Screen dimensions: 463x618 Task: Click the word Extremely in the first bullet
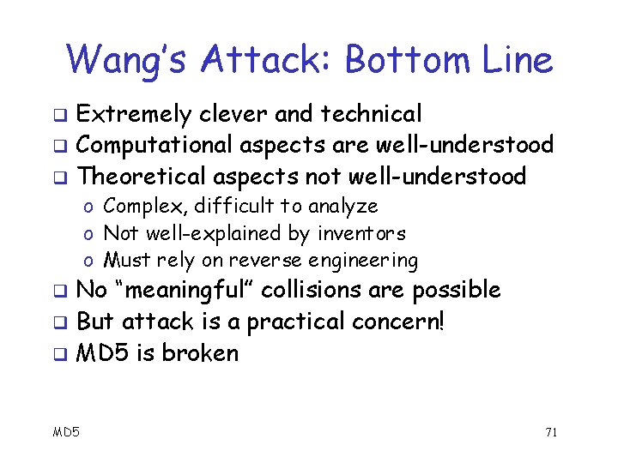pos(134,114)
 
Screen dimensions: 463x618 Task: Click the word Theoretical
pos(143,177)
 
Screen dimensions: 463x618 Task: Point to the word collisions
pos(313,291)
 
